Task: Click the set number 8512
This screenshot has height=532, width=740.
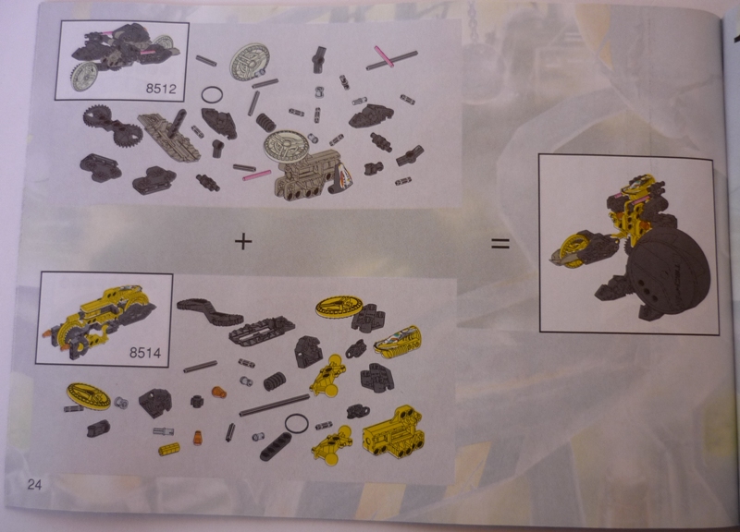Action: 161,88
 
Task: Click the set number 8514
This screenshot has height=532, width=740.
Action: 145,353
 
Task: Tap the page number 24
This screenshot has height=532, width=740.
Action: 34,484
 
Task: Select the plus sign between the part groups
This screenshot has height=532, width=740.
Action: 243,241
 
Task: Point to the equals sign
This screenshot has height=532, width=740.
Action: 500,243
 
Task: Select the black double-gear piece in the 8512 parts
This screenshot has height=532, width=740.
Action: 112,126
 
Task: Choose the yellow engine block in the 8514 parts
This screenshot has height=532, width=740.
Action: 392,433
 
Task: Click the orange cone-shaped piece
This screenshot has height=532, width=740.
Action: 197,438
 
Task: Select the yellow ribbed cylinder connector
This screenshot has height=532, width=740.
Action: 169,449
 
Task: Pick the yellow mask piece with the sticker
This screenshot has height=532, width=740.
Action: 398,342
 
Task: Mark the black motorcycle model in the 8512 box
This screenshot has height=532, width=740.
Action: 124,56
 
